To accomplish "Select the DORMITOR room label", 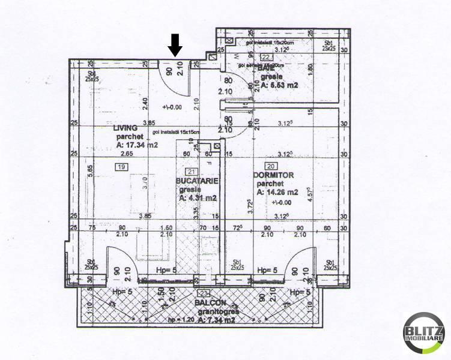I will pyautogui.click(x=273, y=175).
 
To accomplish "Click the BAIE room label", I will pyautogui.click(x=267, y=68).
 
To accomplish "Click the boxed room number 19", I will pyautogui.click(x=121, y=166).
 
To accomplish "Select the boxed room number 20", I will pyautogui.click(x=271, y=166).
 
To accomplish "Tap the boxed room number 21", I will pyautogui.click(x=191, y=172).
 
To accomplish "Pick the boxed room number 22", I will pyautogui.click(x=265, y=57).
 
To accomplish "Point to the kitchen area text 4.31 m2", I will pyautogui.click(x=198, y=197).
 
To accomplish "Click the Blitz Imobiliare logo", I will pyautogui.click(x=424, y=333).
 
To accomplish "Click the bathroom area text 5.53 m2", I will pyautogui.click(x=282, y=86).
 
